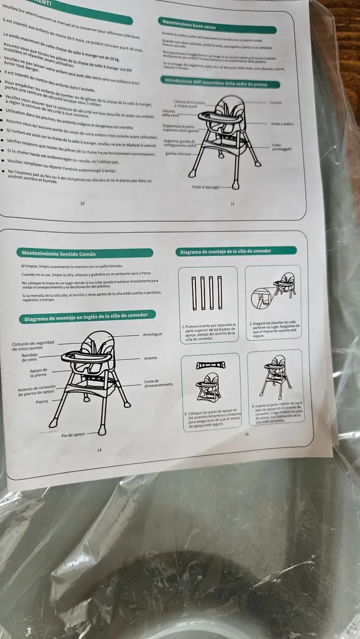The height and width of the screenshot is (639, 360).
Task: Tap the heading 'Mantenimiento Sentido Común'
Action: tap(59, 253)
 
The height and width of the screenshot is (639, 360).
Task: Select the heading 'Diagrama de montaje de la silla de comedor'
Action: tap(226, 251)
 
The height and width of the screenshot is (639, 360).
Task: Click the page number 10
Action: tap(82, 203)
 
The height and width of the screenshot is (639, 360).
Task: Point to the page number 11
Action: tap(233, 204)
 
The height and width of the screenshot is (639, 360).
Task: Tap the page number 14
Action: tap(99, 450)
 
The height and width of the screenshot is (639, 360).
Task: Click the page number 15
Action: tap(247, 433)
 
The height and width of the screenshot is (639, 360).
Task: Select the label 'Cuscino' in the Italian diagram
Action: tap(276, 102)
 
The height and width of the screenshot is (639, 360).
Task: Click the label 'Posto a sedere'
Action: tap(282, 124)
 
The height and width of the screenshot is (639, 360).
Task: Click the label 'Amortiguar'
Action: tap(152, 334)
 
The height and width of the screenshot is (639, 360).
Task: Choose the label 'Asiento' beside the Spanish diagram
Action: tap(150, 358)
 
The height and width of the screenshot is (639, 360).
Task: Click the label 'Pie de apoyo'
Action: tap(73, 435)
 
